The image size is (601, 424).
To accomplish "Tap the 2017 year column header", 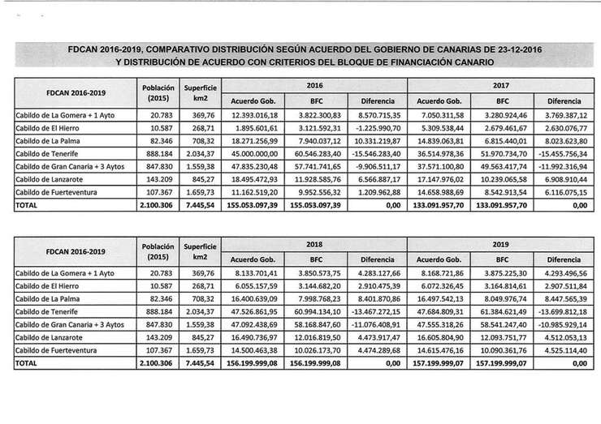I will pos(500,84).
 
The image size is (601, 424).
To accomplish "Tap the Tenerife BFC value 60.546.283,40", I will pos(316,152).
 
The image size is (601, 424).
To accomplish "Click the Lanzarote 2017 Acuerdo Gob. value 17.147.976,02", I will pos(442,177).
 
